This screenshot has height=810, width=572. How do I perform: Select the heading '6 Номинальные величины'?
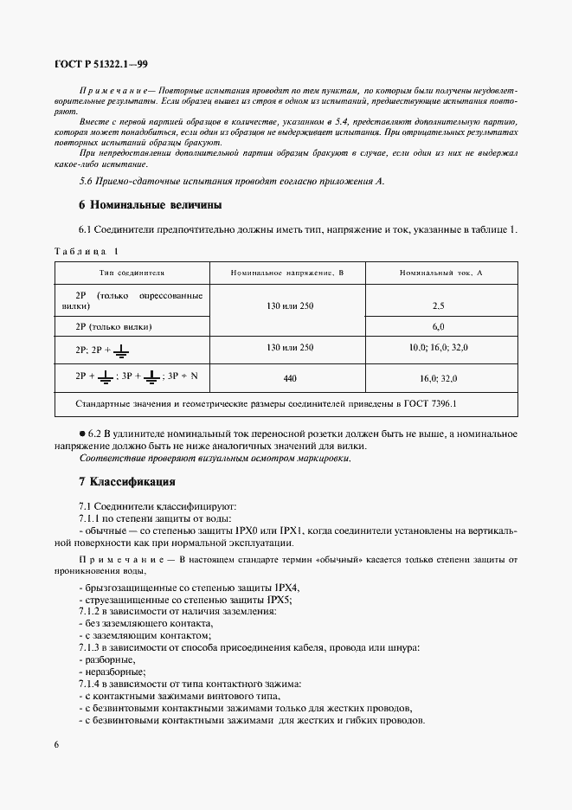[x=150, y=205]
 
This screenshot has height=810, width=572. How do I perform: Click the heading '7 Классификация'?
[x=127, y=480]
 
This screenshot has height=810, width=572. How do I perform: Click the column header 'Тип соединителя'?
[x=132, y=273]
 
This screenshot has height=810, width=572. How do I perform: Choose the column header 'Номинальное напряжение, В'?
[x=287, y=273]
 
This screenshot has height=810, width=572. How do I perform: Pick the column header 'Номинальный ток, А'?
[x=441, y=273]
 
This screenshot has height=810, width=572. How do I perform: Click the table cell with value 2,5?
[x=438, y=306]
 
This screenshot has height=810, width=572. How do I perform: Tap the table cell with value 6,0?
[x=438, y=327]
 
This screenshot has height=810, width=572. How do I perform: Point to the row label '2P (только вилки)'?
[x=114, y=327]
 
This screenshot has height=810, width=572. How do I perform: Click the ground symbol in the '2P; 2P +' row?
[x=122, y=349]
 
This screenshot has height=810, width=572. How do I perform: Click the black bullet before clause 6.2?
[x=82, y=434]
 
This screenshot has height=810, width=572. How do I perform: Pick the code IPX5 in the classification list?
[x=277, y=599]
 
